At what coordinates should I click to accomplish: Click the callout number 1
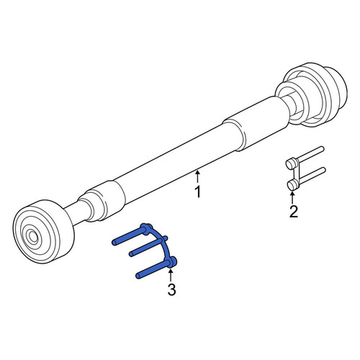[198, 192]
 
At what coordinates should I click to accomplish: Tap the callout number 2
[294, 212]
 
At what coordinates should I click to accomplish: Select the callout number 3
[171, 289]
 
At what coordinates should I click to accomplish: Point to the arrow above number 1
[197, 176]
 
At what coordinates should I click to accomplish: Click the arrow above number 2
[292, 197]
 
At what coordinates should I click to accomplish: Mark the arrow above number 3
[171, 275]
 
